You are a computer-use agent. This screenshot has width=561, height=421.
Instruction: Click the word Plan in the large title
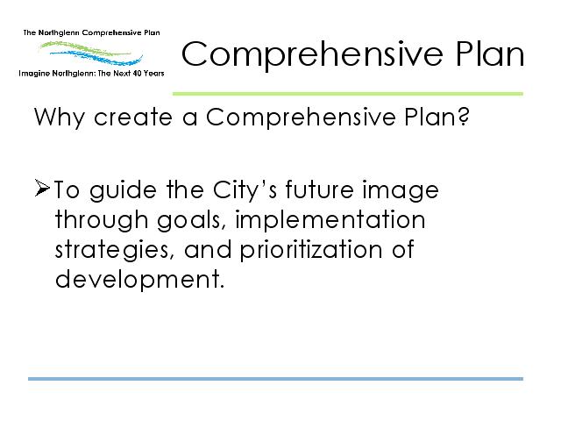pyautogui.click(x=490, y=54)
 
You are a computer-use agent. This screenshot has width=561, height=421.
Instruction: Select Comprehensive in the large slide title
pyautogui.click(x=312, y=55)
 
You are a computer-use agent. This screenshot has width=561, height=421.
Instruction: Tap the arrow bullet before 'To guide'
pyautogui.click(x=42, y=189)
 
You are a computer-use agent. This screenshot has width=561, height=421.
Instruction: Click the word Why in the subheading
pyautogui.click(x=60, y=118)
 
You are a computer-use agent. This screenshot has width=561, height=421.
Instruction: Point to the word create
pyautogui.click(x=133, y=118)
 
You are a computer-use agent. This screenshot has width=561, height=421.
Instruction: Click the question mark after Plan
pyautogui.click(x=464, y=117)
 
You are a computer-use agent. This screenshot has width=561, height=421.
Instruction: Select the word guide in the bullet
pyautogui.click(x=123, y=190)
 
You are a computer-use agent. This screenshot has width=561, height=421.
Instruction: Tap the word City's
pyautogui.click(x=245, y=190)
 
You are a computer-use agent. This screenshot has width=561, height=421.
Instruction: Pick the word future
pyautogui.click(x=319, y=189)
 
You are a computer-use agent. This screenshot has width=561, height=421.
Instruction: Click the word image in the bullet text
pyautogui.click(x=401, y=190)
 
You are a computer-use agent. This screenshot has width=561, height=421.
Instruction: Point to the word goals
pyautogui.click(x=191, y=220)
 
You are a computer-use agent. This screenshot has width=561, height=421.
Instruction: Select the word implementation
pyautogui.click(x=330, y=220)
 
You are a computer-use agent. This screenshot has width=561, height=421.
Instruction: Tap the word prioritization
pyautogui.click(x=311, y=251)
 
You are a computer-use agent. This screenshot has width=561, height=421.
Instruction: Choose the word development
pyautogui.click(x=140, y=280)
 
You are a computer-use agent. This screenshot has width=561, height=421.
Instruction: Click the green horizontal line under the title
pyautogui.click(x=348, y=94)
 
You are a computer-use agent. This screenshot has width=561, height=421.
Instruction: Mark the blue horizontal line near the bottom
pyautogui.click(x=275, y=379)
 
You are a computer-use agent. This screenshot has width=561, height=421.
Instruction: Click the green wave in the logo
pyautogui.click(x=84, y=48)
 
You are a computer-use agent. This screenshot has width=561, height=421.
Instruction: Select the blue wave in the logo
pyautogui.click(x=96, y=57)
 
